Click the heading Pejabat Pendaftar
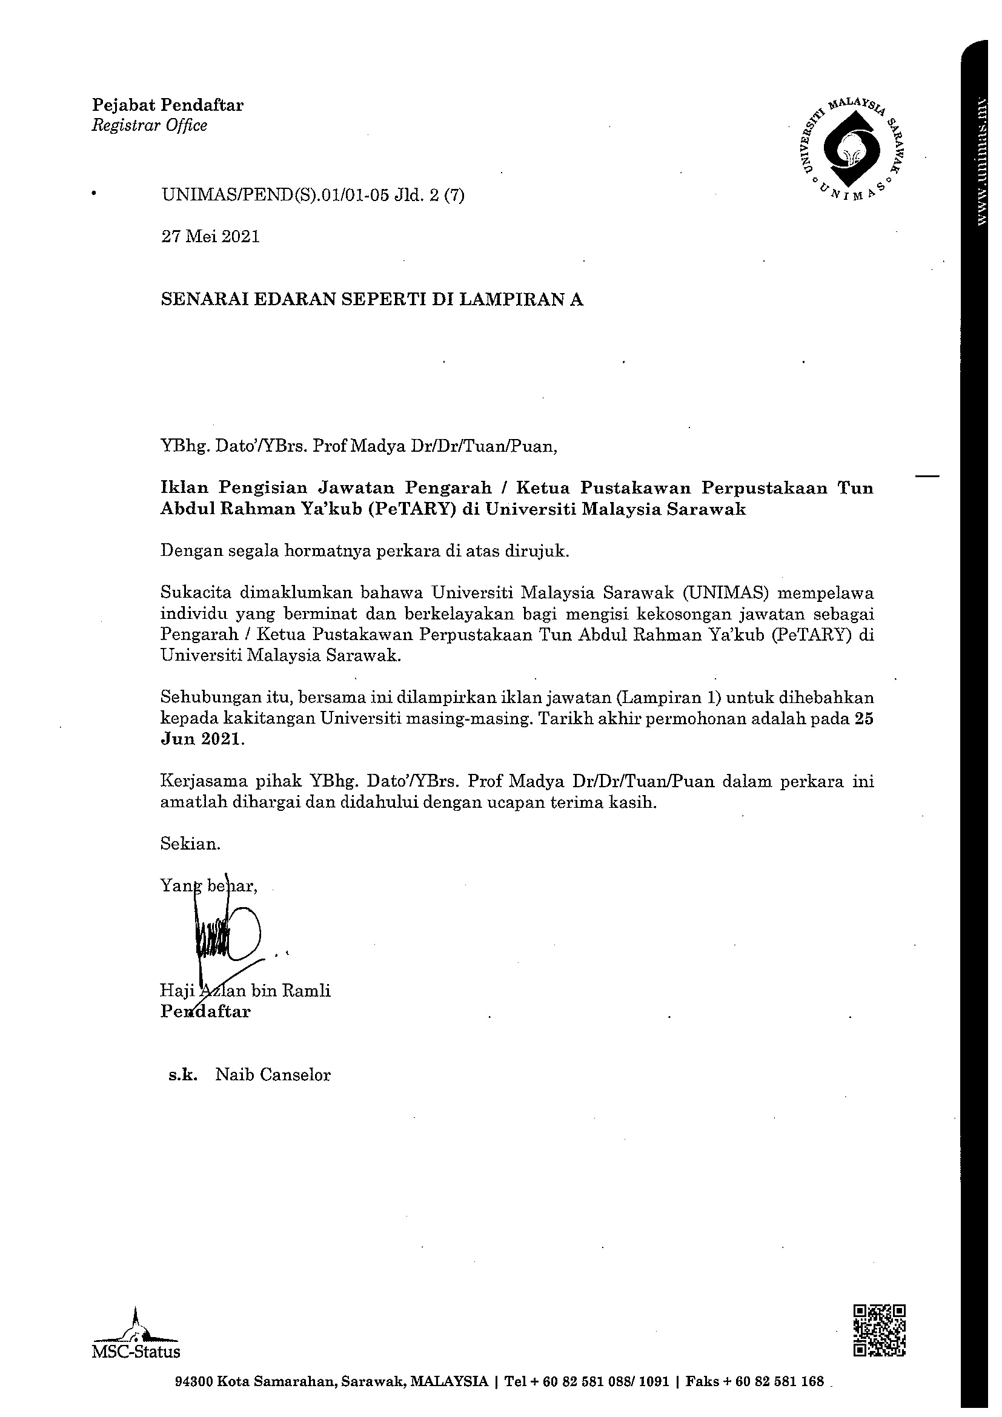pos(167,105)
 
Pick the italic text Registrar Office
pos(150,126)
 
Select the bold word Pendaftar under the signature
pos(205,1011)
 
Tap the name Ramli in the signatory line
pos(306,991)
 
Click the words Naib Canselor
pos(273,1075)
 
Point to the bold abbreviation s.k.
pos(184,1075)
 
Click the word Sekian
pos(190,844)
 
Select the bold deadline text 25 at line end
pos(864,719)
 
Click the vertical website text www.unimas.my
pos(981,161)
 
